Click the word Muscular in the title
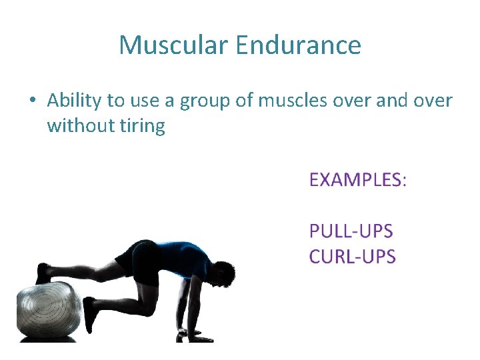pos(173,45)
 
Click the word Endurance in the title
pos(298,45)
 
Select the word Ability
pos(75,101)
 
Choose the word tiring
pos(141,126)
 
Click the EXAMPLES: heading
pos(357,179)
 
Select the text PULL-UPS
pos(351,231)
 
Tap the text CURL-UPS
pos(353,256)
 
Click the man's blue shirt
pos(183,257)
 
